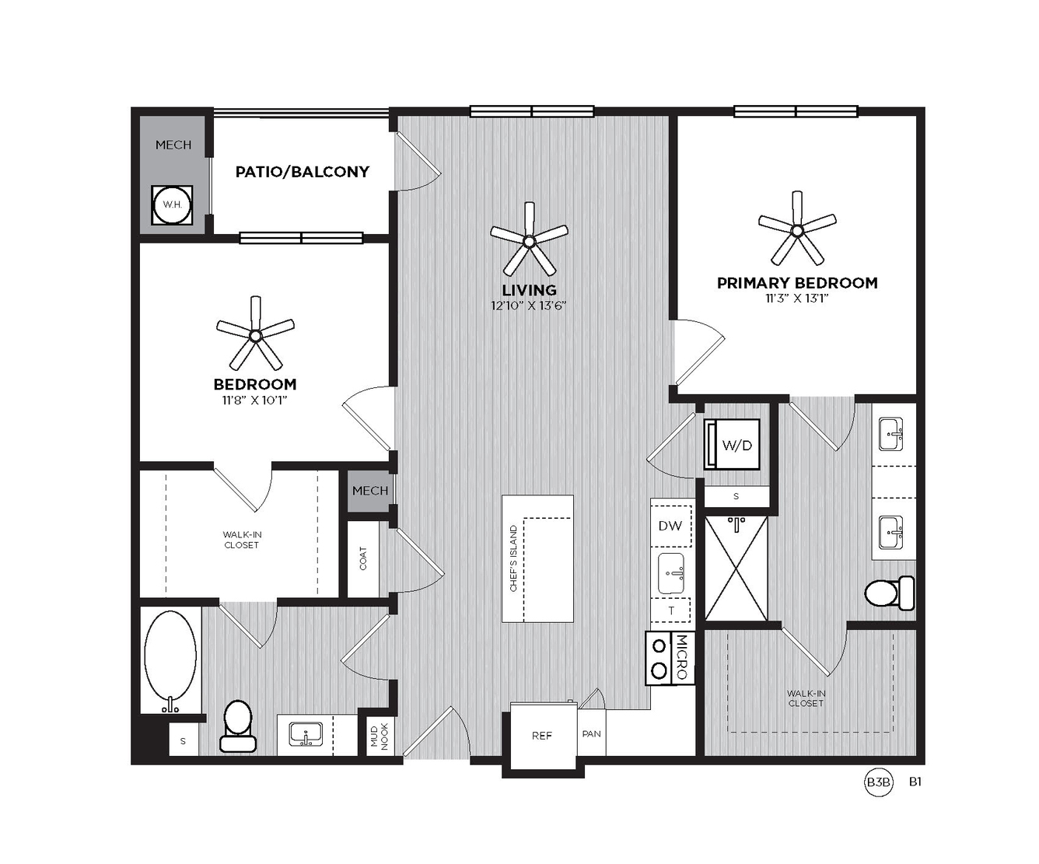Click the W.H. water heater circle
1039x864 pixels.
(x=172, y=205)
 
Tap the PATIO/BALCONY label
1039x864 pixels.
(x=302, y=172)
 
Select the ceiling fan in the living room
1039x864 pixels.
(x=529, y=240)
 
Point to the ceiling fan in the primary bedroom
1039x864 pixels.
(x=797, y=229)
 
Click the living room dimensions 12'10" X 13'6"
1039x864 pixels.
(x=529, y=305)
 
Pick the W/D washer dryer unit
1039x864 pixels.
(x=733, y=444)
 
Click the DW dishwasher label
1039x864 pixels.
(x=670, y=526)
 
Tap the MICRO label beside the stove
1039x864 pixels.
(x=682, y=657)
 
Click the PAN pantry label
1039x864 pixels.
(x=592, y=733)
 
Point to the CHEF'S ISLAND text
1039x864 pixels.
(x=513, y=558)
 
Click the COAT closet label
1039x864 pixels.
(x=362, y=558)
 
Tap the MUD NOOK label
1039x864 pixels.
(x=380, y=736)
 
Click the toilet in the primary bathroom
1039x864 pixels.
(x=889, y=593)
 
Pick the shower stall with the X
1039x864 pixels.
(x=736, y=568)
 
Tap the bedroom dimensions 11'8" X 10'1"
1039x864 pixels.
(x=255, y=400)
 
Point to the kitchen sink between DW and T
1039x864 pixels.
(x=671, y=573)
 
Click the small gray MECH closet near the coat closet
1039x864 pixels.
(x=369, y=491)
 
